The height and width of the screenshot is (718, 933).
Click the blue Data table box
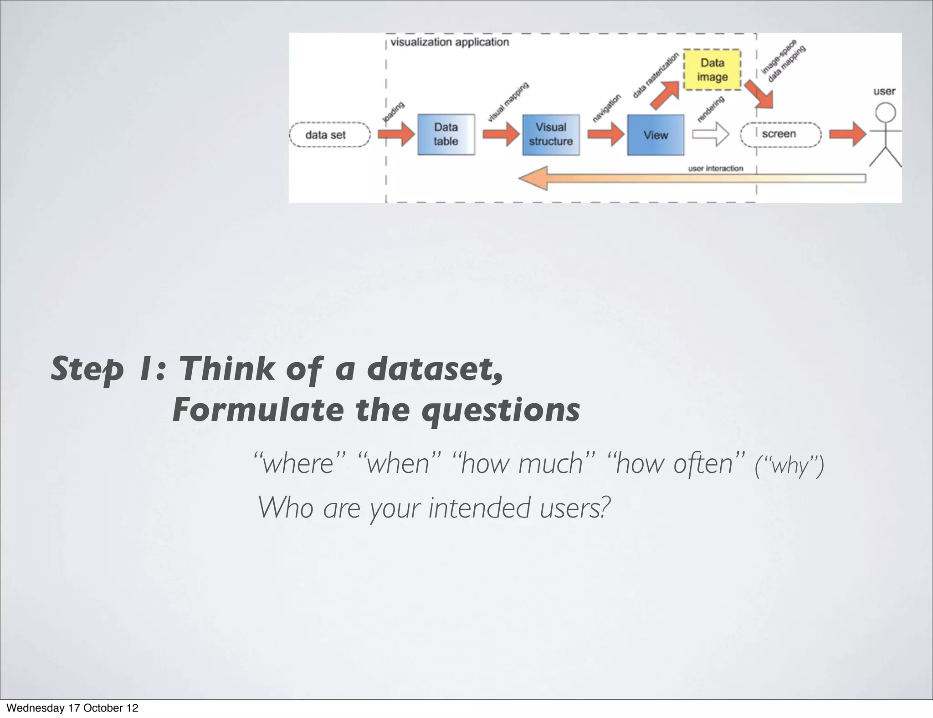[446, 134]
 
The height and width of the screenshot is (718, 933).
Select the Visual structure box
[550, 135]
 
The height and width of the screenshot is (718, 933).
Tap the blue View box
[655, 135]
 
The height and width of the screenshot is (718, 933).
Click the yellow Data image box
[712, 70]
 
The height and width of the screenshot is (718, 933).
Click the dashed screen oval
[780, 134]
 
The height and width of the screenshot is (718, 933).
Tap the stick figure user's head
[886, 112]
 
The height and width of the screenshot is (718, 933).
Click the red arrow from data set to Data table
[396, 134]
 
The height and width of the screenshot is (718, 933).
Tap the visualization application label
[450, 42]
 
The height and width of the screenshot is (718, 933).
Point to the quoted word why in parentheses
[789, 467]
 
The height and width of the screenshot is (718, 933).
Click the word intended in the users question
[479, 508]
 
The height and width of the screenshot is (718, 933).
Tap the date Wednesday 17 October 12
[72, 708]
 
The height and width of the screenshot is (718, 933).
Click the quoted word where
[300, 464]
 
